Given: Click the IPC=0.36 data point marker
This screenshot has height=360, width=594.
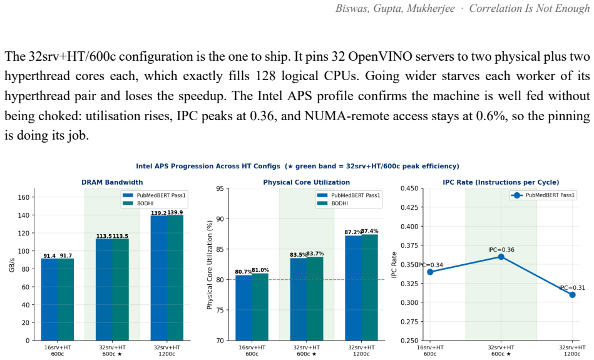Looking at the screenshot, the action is click(x=501, y=257).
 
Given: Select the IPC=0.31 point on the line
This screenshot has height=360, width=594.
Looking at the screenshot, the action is click(x=573, y=295).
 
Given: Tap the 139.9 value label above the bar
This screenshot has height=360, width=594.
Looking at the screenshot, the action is click(x=175, y=212).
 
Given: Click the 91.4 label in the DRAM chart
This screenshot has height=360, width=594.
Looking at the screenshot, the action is click(x=49, y=256).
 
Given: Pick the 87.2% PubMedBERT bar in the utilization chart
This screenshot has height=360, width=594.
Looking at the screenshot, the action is click(x=353, y=288).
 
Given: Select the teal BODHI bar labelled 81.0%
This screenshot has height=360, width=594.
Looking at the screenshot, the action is click(x=260, y=307).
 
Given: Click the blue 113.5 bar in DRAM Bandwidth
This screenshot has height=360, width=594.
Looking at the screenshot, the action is click(x=104, y=289).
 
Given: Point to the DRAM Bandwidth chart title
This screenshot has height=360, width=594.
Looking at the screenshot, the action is click(x=112, y=182).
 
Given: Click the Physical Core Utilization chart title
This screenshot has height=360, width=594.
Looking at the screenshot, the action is click(x=307, y=182).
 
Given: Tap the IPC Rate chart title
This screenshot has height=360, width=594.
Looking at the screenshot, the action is click(x=501, y=182).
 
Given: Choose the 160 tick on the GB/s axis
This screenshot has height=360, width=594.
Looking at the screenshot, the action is click(x=24, y=197).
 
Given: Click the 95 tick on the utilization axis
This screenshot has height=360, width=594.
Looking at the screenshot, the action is click(x=220, y=188).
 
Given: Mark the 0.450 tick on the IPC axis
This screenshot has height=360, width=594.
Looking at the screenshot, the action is click(x=409, y=188).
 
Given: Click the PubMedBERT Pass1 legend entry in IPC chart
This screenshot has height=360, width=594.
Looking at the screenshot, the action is click(x=543, y=195).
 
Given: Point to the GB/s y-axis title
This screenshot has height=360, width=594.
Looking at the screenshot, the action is click(x=12, y=264).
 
